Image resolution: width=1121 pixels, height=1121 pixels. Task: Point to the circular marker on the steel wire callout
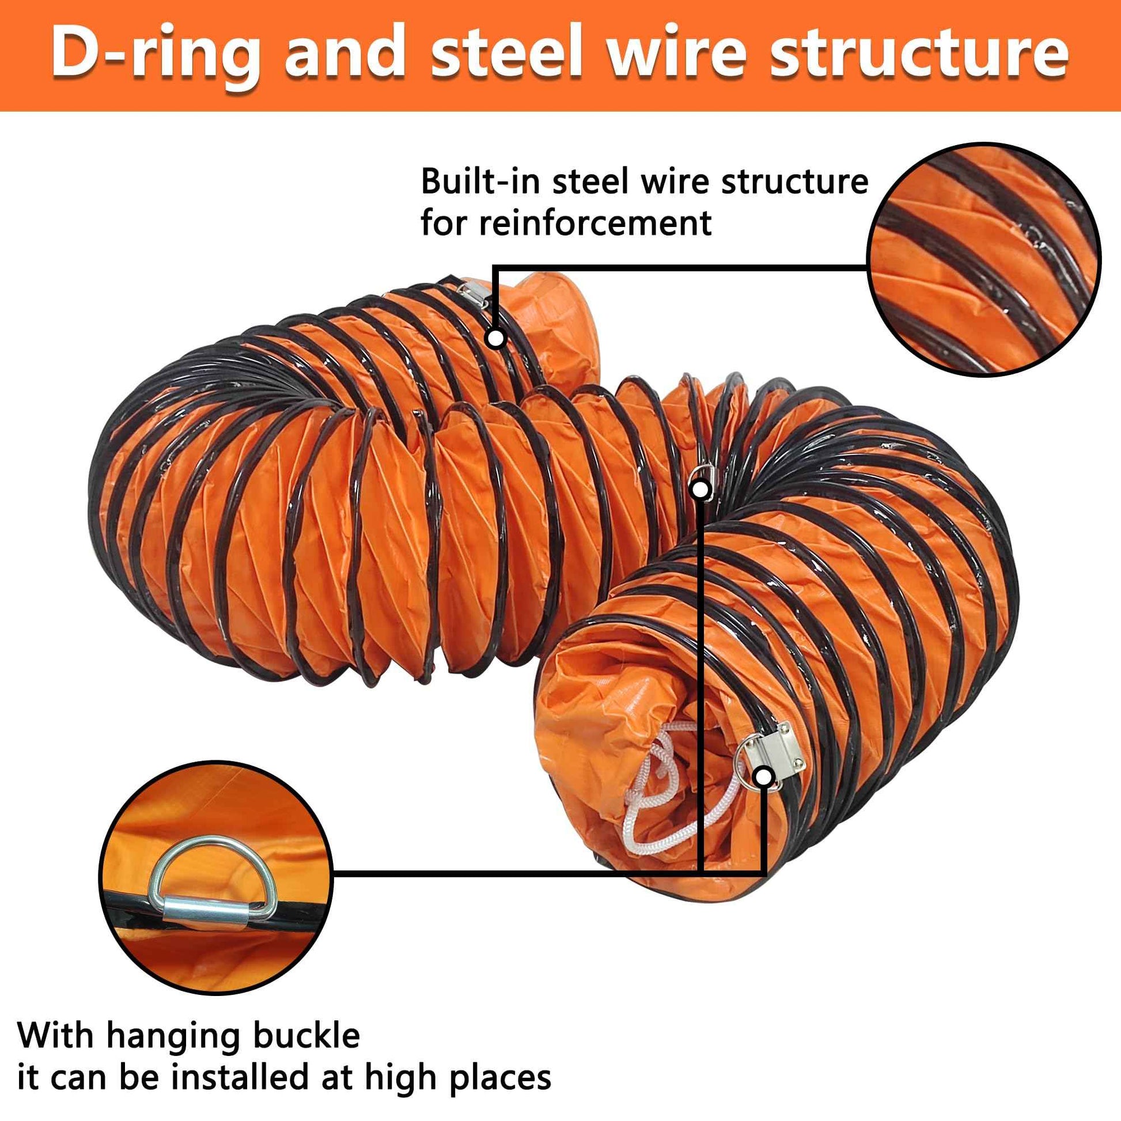pos(495,338)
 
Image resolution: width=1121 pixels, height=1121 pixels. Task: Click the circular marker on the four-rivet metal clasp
pos(765,777)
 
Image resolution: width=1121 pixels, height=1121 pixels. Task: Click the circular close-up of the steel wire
pos(983,259)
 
